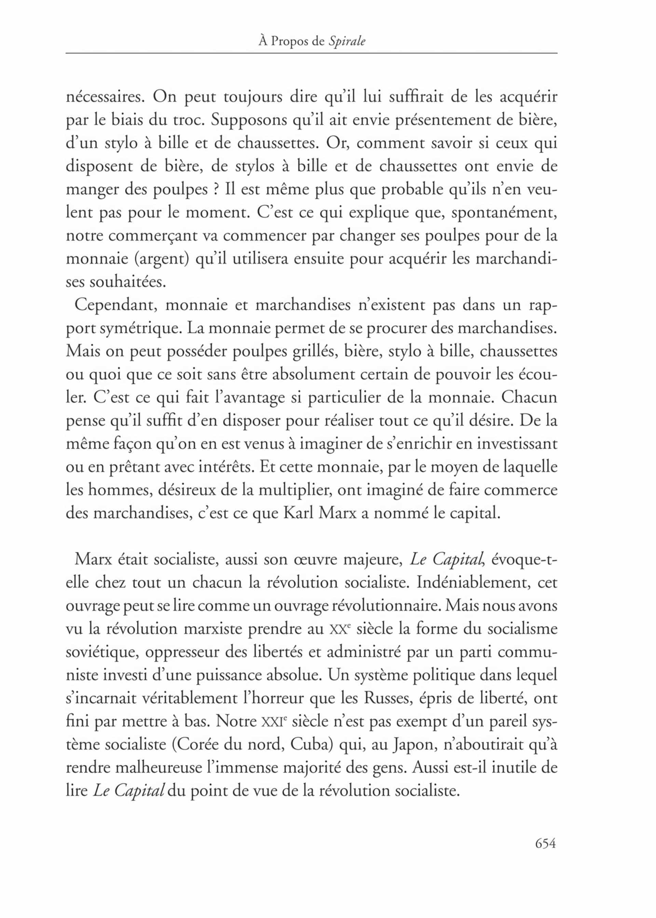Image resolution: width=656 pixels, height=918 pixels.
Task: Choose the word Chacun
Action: tap(529, 397)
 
